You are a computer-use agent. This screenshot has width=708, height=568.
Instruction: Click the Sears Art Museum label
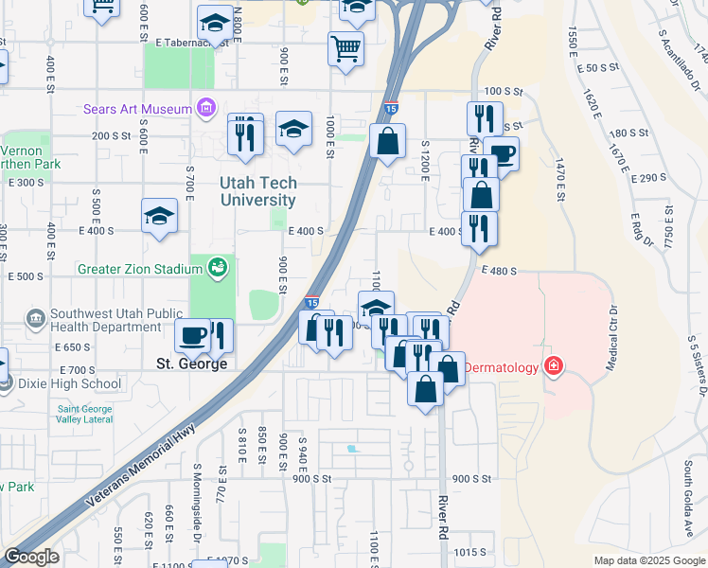pos(137,110)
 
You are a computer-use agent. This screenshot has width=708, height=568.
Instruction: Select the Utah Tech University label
pos(258,191)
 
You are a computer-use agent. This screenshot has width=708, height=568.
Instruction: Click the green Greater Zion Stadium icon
pos(218,269)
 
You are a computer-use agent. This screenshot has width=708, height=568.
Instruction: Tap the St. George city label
pos(190,364)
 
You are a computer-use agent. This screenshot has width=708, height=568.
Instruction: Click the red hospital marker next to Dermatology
pos(554,366)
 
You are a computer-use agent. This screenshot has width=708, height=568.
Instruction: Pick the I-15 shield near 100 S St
pos(391,111)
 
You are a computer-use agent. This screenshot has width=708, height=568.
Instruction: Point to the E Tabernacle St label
pos(188,44)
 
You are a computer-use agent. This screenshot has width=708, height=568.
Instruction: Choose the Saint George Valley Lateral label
pos(85,415)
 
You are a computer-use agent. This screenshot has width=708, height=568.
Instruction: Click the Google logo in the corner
pos(31,557)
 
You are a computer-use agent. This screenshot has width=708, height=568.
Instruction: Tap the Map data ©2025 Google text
pos(648,560)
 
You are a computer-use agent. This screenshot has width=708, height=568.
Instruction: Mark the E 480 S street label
pos(499,271)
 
